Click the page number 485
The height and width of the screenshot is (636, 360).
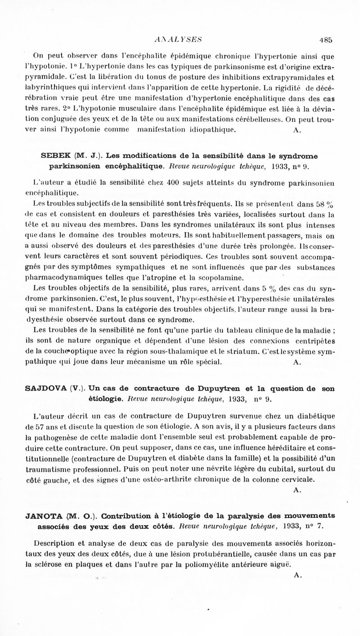(325, 39)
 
